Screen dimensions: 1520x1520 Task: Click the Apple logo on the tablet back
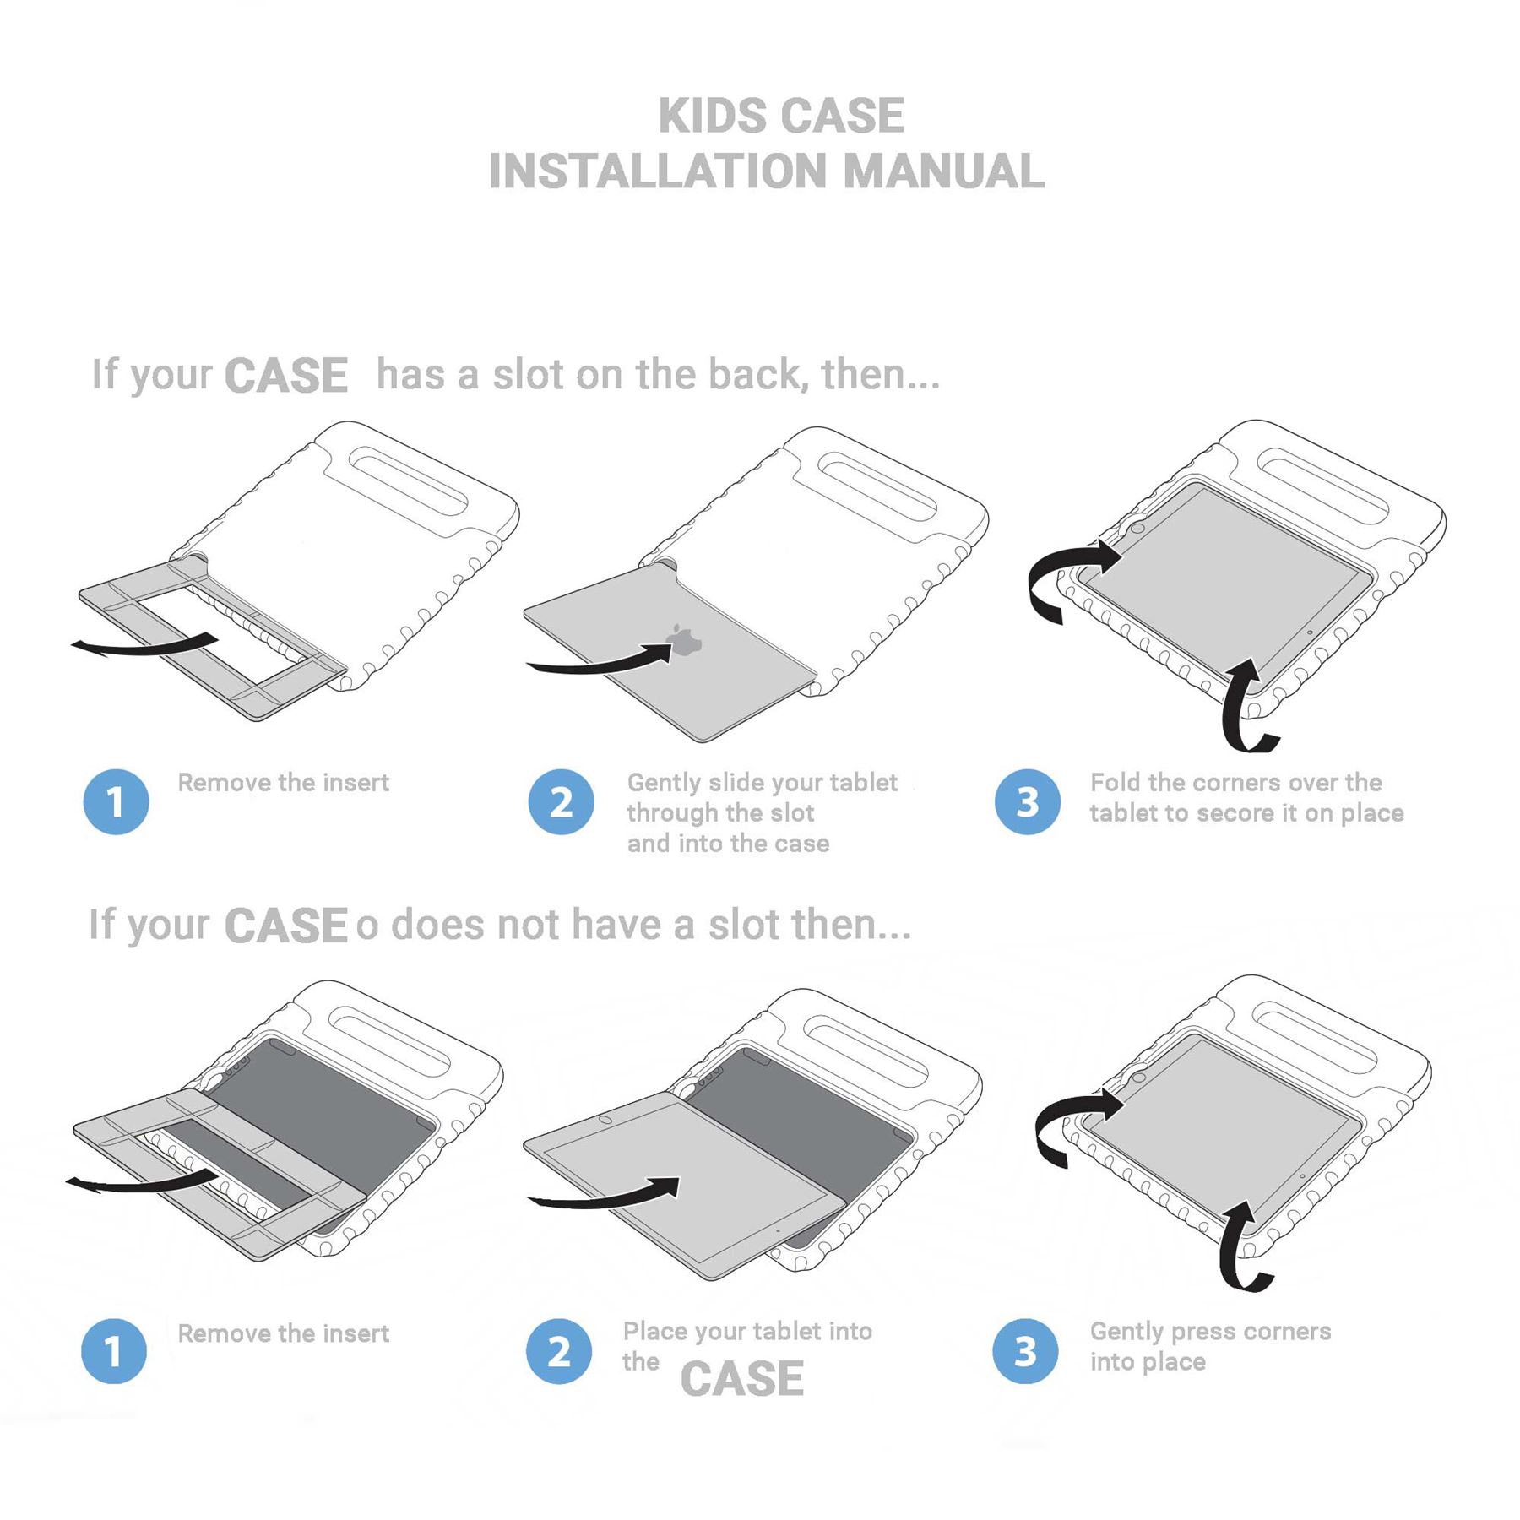coord(684,641)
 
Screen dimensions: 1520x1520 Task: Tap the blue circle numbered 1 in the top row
coord(116,801)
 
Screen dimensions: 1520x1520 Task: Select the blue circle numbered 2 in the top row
coord(561,801)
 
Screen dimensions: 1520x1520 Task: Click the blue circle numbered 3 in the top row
coord(1027,801)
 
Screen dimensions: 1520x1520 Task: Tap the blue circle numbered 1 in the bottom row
coord(114,1351)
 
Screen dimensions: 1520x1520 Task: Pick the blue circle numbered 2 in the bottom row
coord(558,1351)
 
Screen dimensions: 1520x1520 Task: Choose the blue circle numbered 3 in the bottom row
coord(1025,1351)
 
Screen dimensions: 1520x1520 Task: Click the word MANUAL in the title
coord(943,171)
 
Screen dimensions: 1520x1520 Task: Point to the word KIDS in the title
coord(711,116)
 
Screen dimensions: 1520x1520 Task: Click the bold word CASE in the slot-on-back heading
coord(286,376)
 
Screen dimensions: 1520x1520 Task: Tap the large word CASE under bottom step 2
coord(741,1379)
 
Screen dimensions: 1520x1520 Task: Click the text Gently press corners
coord(1210,1332)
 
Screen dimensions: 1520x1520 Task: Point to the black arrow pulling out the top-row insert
coord(144,646)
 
